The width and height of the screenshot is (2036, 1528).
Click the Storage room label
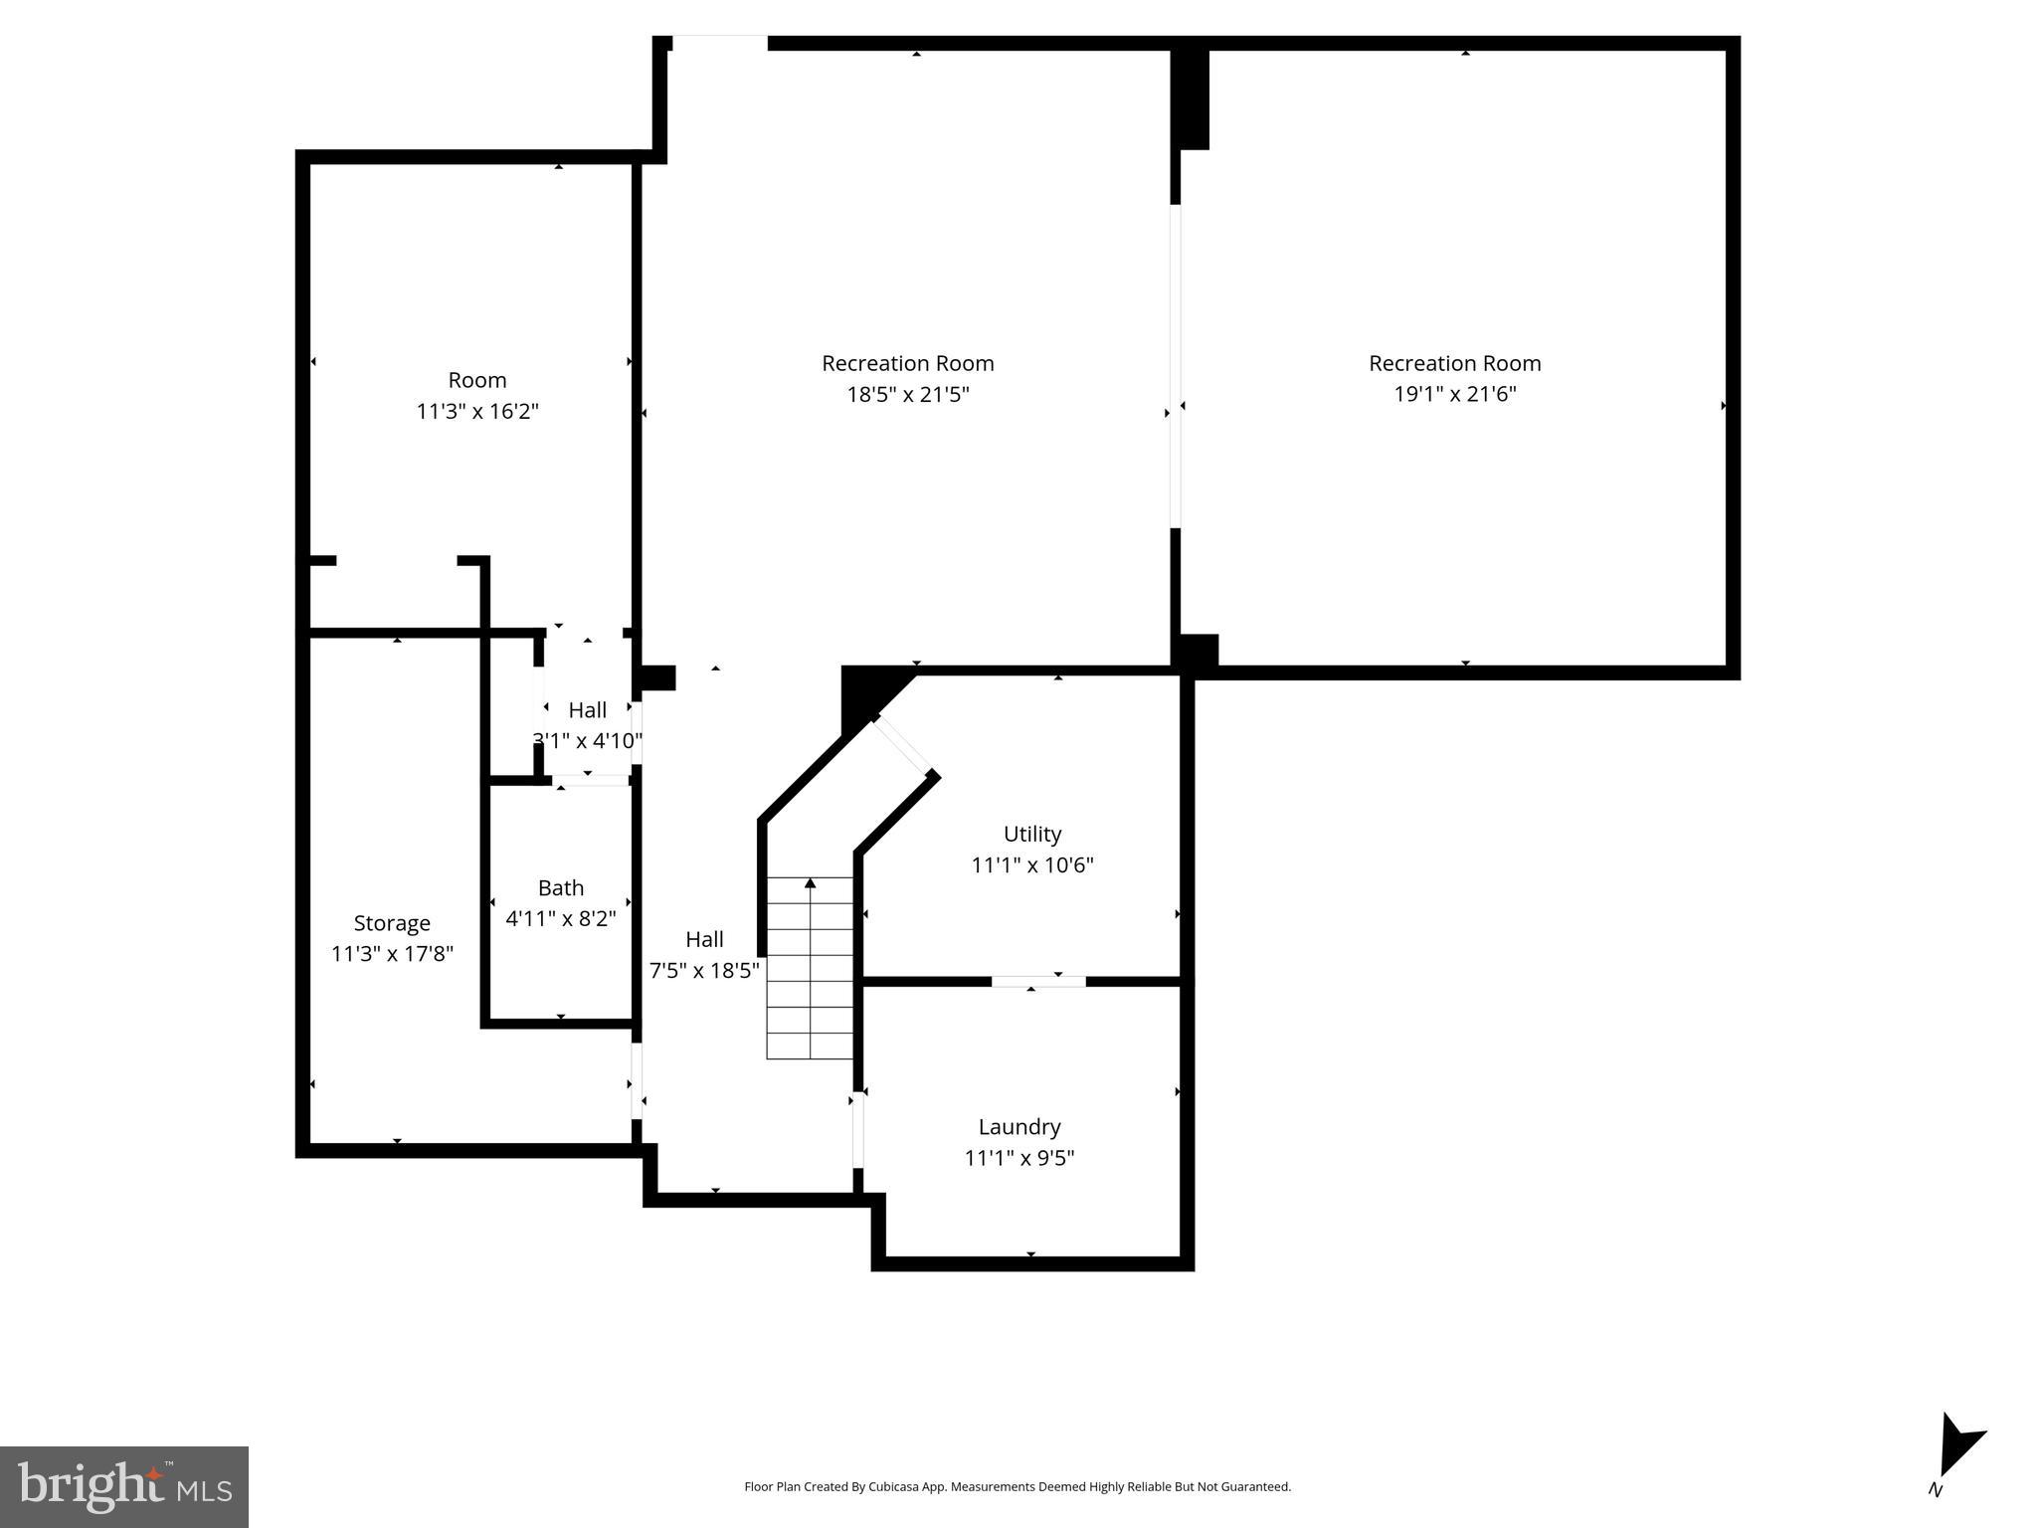tap(392, 923)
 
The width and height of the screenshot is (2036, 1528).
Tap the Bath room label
tap(560, 887)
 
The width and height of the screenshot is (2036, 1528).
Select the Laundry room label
tap(1019, 1126)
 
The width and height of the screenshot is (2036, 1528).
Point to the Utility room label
tap(1031, 834)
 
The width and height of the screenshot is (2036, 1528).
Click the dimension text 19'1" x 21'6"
tap(1454, 394)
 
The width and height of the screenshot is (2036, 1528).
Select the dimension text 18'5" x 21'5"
tap(907, 395)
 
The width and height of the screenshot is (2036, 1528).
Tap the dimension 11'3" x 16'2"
tap(477, 411)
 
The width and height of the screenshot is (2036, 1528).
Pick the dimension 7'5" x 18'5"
tap(704, 970)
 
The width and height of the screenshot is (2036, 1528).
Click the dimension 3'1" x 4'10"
tap(587, 741)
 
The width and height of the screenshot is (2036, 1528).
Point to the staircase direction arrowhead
tap(810, 883)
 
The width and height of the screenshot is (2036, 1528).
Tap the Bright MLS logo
tap(123, 1486)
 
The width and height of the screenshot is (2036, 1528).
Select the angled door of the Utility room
tap(902, 746)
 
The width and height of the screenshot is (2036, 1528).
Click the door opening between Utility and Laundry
tap(1037, 982)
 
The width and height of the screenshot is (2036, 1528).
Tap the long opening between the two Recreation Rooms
tap(1175, 366)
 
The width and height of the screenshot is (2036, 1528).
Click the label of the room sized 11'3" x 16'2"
tap(477, 380)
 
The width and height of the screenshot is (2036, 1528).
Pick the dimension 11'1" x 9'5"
tap(1019, 1158)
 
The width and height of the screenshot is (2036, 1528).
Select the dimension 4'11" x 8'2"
tap(560, 918)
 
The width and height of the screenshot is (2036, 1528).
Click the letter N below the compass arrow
tap(1936, 1490)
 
